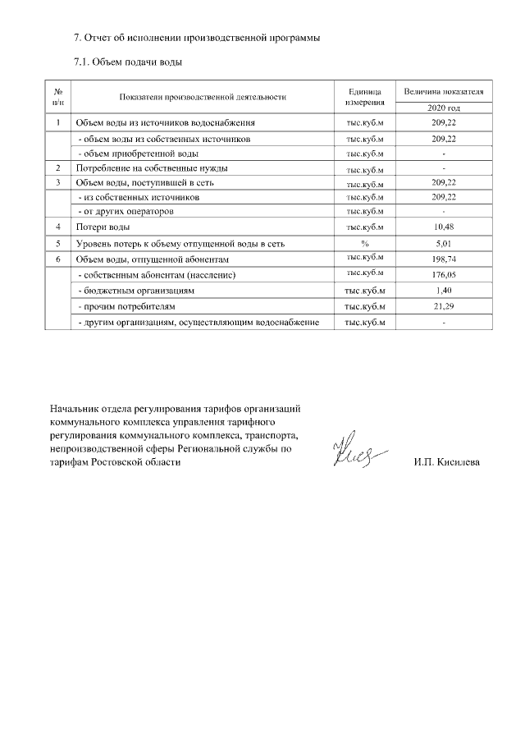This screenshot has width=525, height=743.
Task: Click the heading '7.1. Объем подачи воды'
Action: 127,62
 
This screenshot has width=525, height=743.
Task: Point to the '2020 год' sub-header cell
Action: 444,108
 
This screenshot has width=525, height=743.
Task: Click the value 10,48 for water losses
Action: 444,227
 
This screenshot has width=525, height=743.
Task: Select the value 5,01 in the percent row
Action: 444,243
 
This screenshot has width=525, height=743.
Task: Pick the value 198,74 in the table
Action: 444,259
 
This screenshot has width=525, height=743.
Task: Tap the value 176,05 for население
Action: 444,275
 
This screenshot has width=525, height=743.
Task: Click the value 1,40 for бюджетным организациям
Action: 444,291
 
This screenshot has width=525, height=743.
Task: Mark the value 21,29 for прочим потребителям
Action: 444,306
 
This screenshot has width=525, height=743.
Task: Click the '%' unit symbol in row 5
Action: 365,243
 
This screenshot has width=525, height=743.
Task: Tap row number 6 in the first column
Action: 58,259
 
